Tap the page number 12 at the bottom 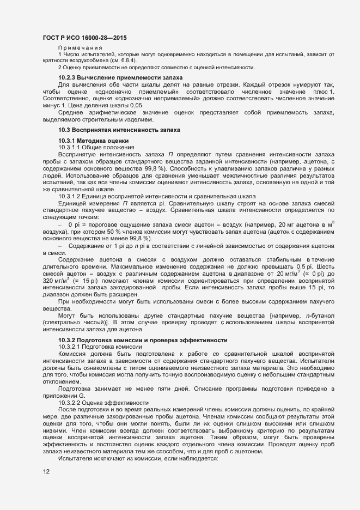point(46,471)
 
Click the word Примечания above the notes point(80,48)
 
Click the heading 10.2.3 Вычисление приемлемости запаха point(120,78)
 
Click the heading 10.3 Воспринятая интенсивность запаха point(119,130)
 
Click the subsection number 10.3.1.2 point(71,196)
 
